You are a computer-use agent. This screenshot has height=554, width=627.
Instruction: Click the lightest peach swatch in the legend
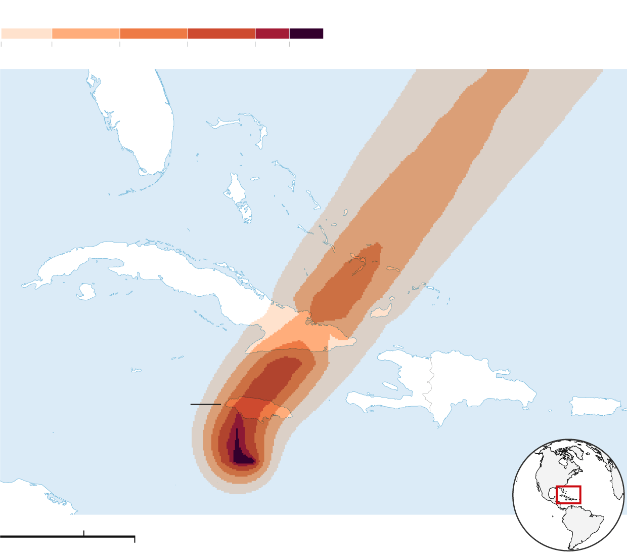tap(26, 34)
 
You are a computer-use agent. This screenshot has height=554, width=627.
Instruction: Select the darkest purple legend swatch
tap(306, 34)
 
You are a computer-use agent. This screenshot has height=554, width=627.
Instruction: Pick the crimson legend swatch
tap(272, 34)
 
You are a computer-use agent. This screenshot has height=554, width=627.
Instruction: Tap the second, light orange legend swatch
tap(86, 34)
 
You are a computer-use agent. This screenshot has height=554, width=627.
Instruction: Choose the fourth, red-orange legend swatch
tap(221, 34)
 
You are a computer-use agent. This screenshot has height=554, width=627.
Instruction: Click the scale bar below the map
tap(67, 536)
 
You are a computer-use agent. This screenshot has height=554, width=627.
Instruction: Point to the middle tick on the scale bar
tap(83, 533)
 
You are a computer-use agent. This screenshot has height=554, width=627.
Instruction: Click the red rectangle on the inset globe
tap(568, 495)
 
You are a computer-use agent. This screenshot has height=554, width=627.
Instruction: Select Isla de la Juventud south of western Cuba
tap(86, 292)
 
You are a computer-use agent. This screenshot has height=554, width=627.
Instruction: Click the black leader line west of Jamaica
tap(205, 405)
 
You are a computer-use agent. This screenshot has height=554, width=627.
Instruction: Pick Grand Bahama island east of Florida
tap(222, 123)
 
